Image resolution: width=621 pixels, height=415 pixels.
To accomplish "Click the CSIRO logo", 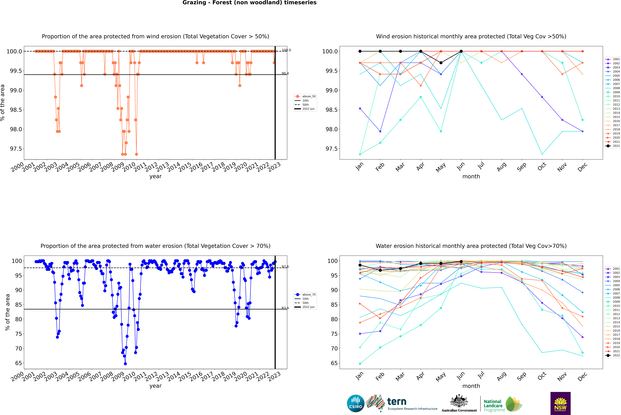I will coord(356,403).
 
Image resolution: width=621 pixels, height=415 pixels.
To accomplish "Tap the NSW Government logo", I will coord(560,403).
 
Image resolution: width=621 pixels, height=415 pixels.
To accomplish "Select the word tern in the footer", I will coord(397,402).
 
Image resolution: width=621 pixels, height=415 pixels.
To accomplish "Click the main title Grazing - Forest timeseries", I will coord(249,3).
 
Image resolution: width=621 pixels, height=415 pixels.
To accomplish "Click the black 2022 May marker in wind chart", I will coord(441,63).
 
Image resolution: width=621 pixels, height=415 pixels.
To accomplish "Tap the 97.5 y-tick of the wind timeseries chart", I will coord(16,149).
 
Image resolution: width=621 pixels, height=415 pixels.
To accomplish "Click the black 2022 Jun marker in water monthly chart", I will coord(461,261).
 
